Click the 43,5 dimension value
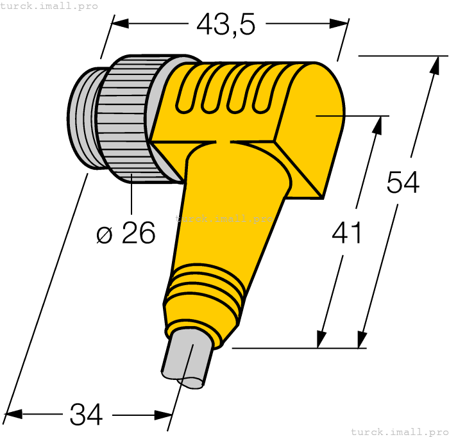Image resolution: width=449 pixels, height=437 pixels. tap(226, 24)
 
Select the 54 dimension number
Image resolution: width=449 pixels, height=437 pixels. tap(403, 183)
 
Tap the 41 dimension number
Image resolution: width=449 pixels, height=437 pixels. tap(347, 233)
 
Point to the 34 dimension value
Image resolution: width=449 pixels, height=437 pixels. tap(87, 415)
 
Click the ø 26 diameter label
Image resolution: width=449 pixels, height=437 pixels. tap(126, 234)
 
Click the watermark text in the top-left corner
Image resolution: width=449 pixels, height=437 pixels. tap(49, 6)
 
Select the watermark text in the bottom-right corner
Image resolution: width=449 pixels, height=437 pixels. tap(399, 431)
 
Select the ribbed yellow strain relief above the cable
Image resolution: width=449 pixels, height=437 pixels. tap(204, 288)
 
